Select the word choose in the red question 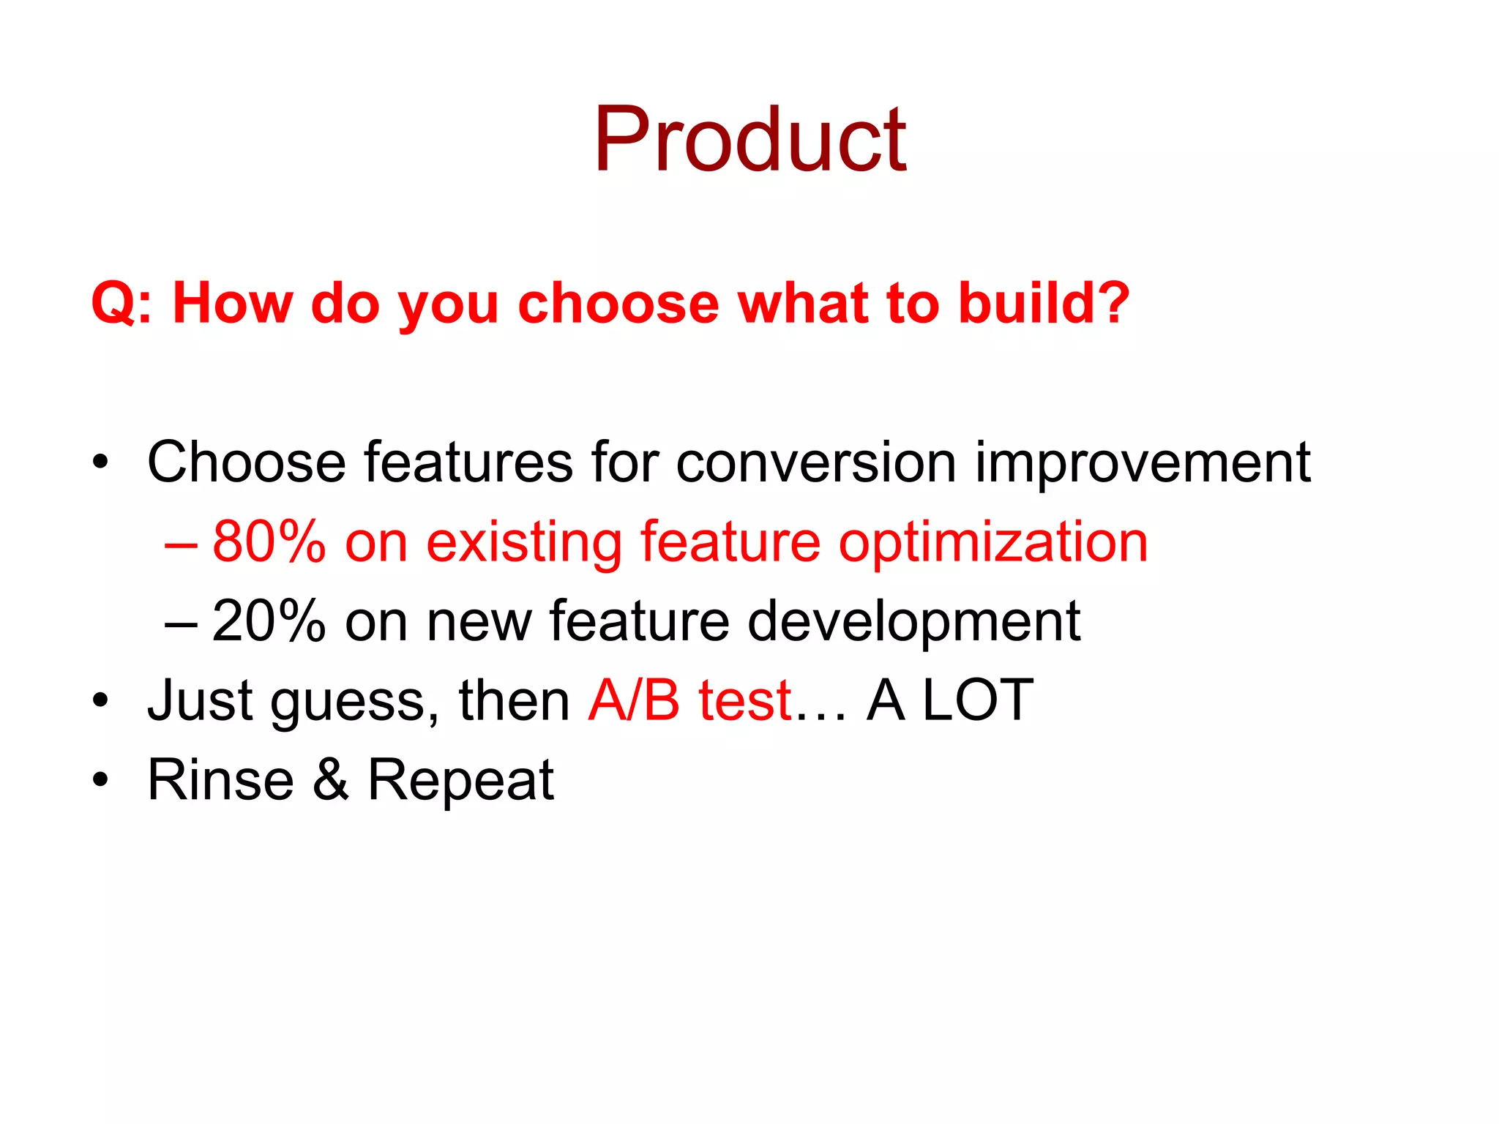click(618, 302)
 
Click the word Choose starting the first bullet click(246, 462)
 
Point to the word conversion click(815, 462)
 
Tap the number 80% click(269, 542)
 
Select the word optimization click(993, 542)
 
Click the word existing click(522, 542)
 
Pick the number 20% click(269, 621)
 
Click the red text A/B click(634, 700)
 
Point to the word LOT click(977, 700)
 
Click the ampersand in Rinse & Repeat click(331, 780)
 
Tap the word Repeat click(460, 780)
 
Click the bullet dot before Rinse click(100, 781)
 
